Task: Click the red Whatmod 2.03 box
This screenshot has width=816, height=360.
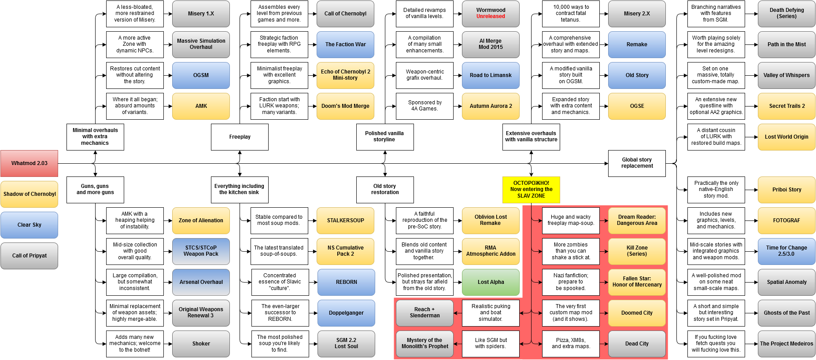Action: pyautogui.click(x=29, y=163)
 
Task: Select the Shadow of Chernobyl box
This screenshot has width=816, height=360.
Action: pyautogui.click(x=29, y=194)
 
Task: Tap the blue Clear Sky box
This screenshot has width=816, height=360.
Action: pyautogui.click(x=29, y=225)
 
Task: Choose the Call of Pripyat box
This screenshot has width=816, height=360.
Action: pyautogui.click(x=29, y=256)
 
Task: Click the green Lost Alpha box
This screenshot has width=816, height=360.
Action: pyautogui.click(x=491, y=282)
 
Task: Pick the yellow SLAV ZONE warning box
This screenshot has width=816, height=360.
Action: pyautogui.click(x=531, y=190)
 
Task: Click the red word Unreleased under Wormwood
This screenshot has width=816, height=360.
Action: pyautogui.click(x=491, y=17)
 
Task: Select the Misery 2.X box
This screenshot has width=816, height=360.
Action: pyautogui.click(x=637, y=14)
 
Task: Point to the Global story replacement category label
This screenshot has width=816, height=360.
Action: pyautogui.click(x=637, y=163)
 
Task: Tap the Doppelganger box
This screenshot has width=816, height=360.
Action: pyautogui.click(x=346, y=313)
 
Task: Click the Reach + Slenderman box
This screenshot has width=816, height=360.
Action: pyautogui.click(x=425, y=313)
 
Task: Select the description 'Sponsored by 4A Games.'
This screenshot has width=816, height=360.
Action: pyautogui.click(x=425, y=106)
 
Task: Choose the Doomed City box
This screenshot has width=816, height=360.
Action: pyautogui.click(x=637, y=313)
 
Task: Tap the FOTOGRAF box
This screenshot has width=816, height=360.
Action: pyautogui.click(x=786, y=220)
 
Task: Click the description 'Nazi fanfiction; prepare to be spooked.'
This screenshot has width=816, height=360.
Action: pyautogui.click(x=571, y=282)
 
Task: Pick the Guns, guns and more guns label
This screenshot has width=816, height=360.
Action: pyautogui.click(x=95, y=189)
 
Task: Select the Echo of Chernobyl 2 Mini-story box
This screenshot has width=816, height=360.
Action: pyautogui.click(x=345, y=75)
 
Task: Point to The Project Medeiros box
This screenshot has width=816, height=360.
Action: pyautogui.click(x=786, y=344)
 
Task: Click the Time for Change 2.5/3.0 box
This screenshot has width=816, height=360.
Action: pyautogui.click(x=786, y=251)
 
